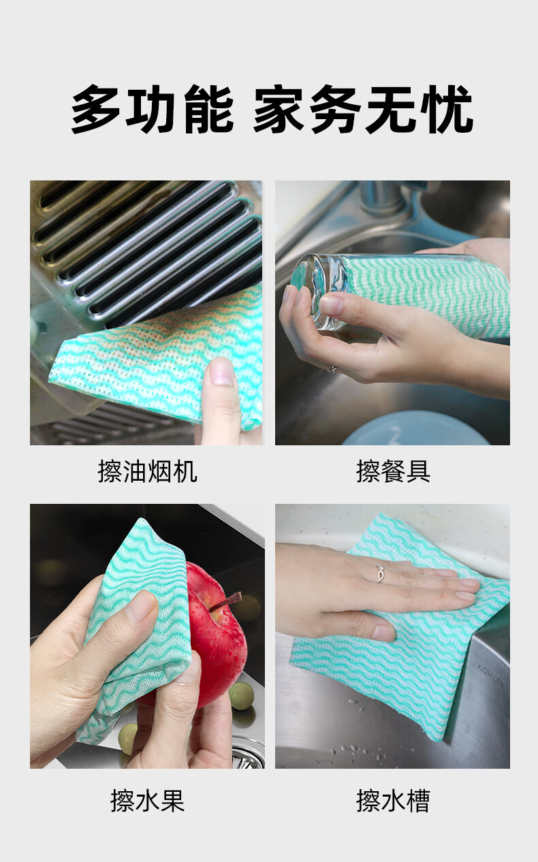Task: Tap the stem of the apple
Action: click(229, 601)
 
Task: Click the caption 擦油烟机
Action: click(147, 471)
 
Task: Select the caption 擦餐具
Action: click(393, 471)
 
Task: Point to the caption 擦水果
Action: click(147, 801)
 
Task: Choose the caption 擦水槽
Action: click(393, 801)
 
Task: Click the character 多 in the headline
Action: click(96, 109)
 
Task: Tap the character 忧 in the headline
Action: click(447, 109)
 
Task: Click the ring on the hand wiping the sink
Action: click(380, 574)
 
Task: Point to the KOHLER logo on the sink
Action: click(490, 676)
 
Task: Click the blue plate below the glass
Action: click(415, 429)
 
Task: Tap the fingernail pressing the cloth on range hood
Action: click(221, 372)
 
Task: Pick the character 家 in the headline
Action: click(279, 109)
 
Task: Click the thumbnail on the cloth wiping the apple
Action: click(142, 607)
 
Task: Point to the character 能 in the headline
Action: click(209, 109)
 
